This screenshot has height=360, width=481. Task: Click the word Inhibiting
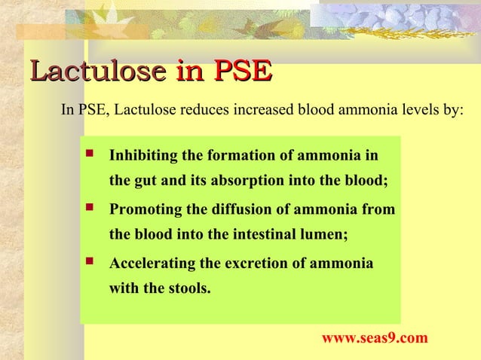[x=144, y=157]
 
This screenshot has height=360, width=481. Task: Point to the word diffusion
[x=238, y=209]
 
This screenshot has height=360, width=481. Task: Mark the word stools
[x=186, y=287]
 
